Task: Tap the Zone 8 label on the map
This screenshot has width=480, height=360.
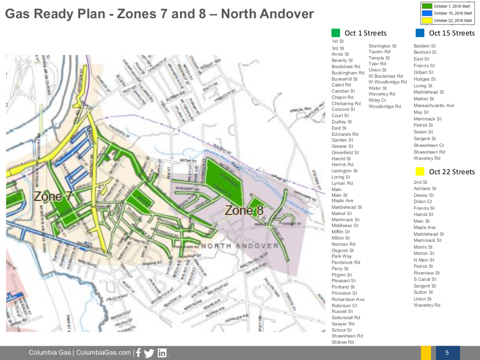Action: click(244, 210)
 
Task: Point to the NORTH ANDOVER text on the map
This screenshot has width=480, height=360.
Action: click(240, 246)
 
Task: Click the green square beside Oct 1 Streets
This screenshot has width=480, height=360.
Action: click(336, 33)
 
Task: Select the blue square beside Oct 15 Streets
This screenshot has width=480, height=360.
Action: click(420, 33)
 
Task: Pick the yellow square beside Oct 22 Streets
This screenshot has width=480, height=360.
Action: click(420, 171)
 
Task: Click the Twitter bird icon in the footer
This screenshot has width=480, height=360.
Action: click(149, 353)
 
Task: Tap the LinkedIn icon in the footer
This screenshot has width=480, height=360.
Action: click(162, 353)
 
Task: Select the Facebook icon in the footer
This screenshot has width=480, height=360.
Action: click(138, 353)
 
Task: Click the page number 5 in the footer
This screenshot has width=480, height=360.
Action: click(447, 353)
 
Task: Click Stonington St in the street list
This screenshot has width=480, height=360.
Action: click(382, 46)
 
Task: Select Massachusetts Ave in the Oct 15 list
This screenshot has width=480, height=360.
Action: click(433, 106)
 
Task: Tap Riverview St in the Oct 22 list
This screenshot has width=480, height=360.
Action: click(426, 273)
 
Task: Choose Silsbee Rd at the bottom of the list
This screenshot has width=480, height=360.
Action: click(342, 342)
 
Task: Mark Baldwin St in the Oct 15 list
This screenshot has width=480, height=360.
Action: click(425, 46)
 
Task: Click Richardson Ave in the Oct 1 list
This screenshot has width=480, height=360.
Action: click(348, 300)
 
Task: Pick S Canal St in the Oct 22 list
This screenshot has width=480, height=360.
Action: click(425, 279)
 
